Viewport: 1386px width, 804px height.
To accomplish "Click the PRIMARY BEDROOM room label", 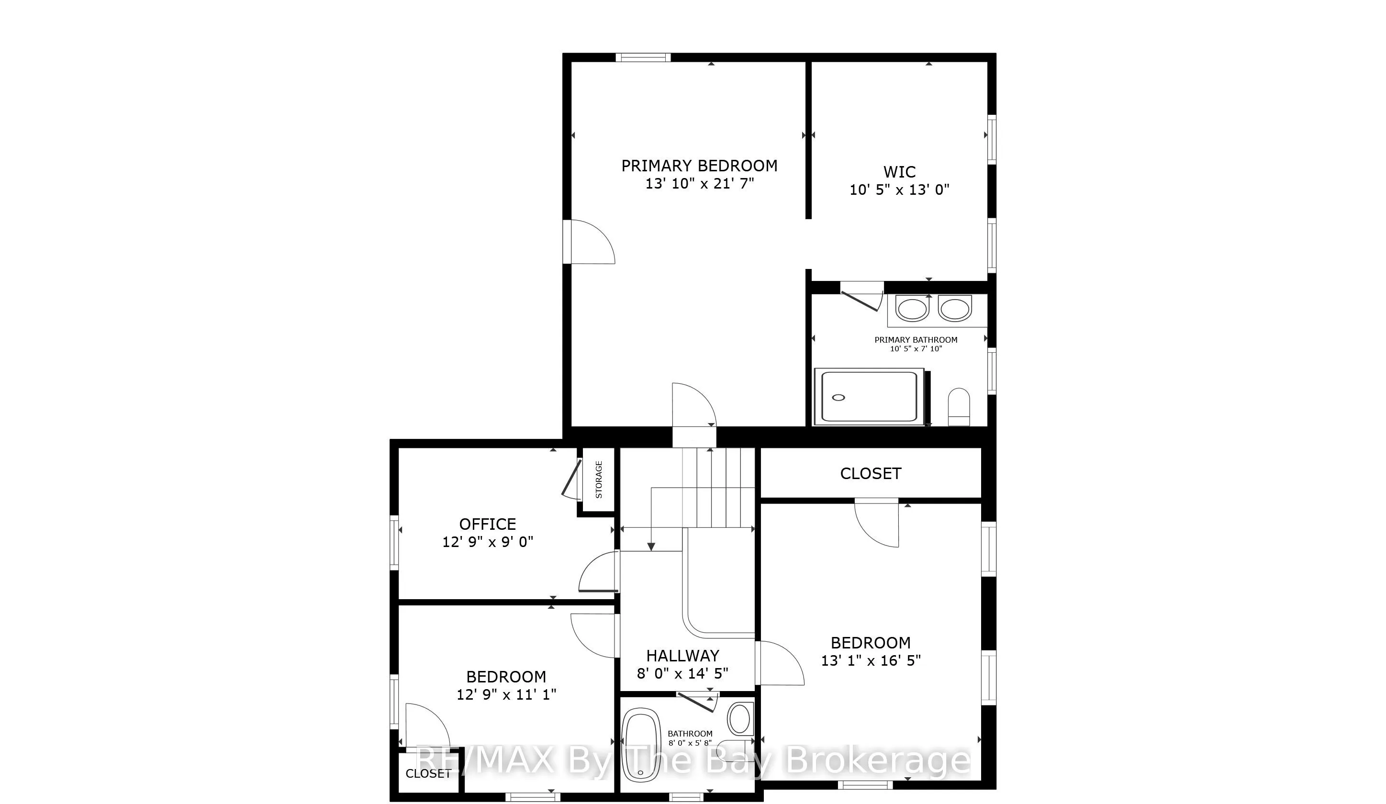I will click(699, 166).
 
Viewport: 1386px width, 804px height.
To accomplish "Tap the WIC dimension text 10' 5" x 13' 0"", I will click(899, 190).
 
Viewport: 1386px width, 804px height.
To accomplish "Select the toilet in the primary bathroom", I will click(959, 406).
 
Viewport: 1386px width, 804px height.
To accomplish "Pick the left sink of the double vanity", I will click(913, 309).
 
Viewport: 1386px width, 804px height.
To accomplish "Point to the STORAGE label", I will click(599, 480).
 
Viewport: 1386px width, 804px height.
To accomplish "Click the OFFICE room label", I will click(487, 524).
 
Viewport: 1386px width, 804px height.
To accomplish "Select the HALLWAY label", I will click(682, 656).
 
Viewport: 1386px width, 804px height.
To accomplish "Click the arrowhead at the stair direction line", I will click(651, 547).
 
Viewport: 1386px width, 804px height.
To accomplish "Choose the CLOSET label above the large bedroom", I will click(871, 473).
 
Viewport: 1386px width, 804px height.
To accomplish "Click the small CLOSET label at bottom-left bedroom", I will click(428, 774).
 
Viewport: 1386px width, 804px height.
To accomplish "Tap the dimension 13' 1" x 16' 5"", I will click(871, 660).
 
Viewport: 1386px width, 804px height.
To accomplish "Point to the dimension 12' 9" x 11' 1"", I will click(506, 694).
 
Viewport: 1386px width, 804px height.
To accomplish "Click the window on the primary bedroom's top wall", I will click(643, 57).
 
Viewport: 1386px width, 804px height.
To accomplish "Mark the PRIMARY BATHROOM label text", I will click(916, 340).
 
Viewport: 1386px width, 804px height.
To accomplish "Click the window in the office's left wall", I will click(394, 543).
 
